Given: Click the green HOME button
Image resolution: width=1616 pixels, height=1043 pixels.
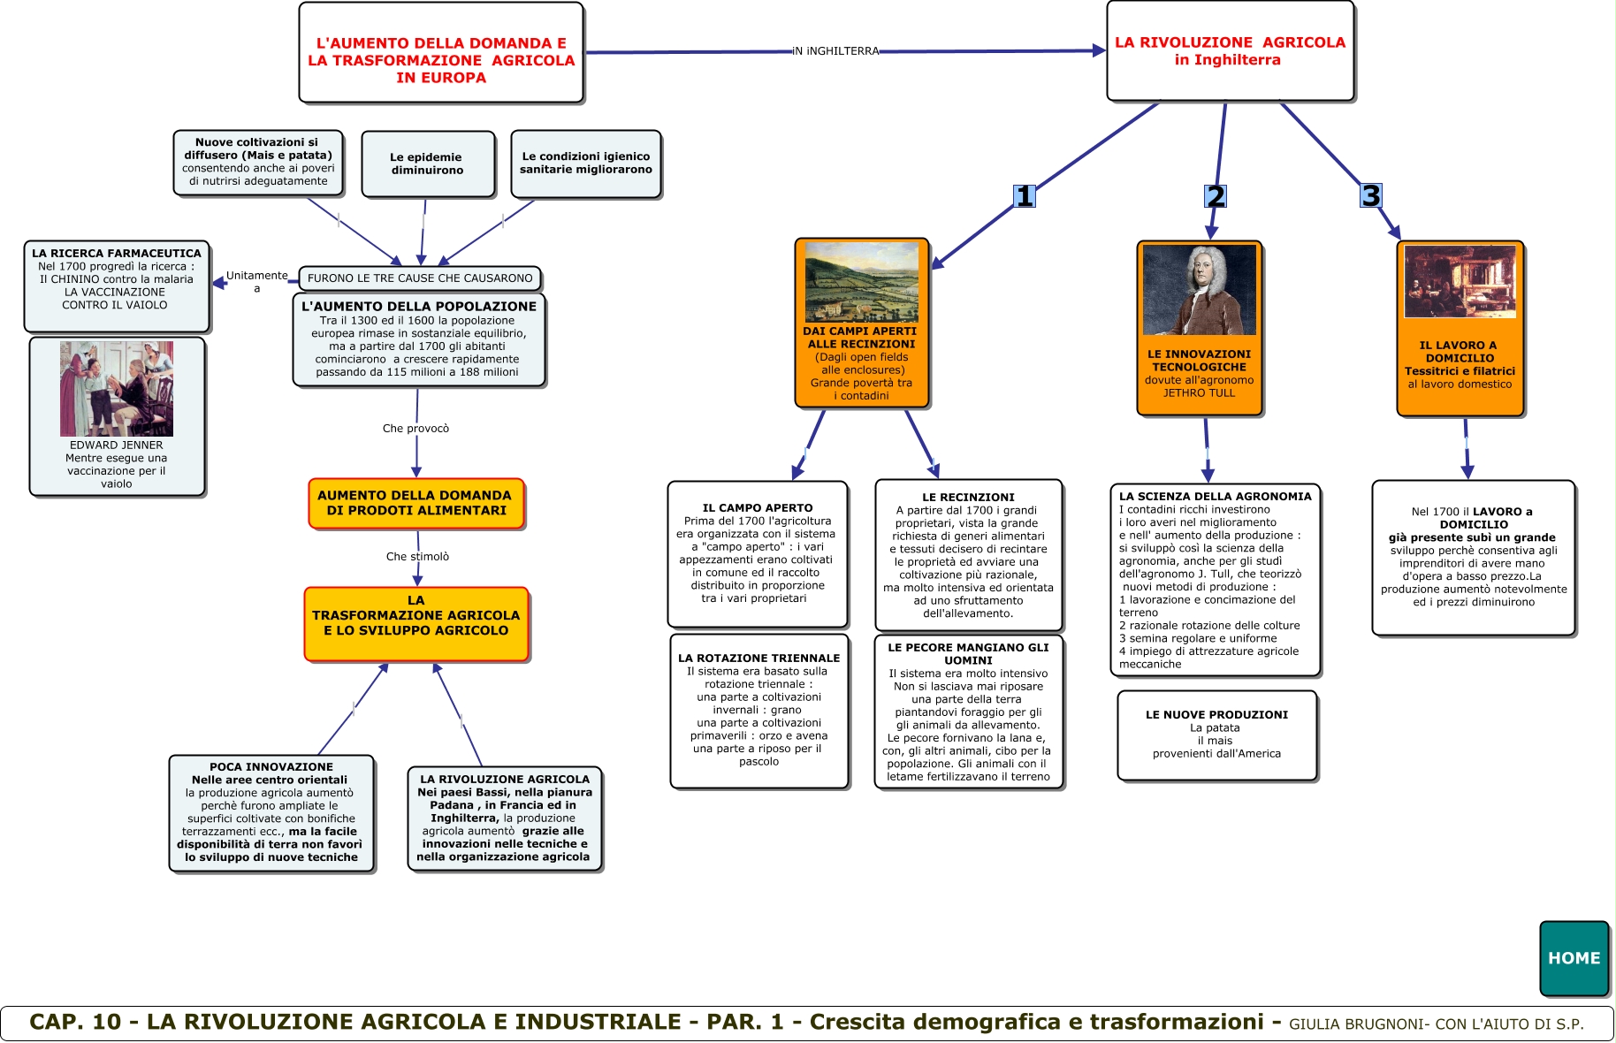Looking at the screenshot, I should click(1574, 958).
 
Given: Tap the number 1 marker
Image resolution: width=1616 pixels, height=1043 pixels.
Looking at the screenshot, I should click(1024, 196).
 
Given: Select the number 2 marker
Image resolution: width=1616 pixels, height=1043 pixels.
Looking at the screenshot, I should click(1216, 196).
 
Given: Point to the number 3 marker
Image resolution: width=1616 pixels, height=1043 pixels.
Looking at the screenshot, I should click(1370, 195).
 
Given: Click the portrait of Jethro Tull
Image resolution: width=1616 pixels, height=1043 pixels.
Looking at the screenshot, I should click(1199, 290).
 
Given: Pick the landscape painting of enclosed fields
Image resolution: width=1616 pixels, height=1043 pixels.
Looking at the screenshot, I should click(861, 283).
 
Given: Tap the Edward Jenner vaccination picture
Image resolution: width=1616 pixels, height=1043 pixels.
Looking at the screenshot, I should click(117, 389).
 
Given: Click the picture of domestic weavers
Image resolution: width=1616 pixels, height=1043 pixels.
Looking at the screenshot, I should click(1460, 282).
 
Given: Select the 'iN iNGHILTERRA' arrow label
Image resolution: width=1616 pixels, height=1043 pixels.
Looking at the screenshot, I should click(835, 51).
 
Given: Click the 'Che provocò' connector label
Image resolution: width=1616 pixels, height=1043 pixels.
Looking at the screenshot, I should click(415, 429).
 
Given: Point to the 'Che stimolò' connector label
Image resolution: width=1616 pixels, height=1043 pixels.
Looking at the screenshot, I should click(417, 557).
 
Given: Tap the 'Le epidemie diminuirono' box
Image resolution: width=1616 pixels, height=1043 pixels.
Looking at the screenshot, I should click(428, 164).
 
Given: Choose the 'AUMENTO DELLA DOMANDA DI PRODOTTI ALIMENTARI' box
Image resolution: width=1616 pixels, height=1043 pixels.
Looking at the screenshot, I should click(415, 503).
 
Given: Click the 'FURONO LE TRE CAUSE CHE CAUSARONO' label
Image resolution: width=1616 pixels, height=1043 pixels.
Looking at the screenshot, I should click(420, 278).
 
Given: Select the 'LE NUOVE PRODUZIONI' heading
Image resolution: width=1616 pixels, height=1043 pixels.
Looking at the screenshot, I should click(1216, 715).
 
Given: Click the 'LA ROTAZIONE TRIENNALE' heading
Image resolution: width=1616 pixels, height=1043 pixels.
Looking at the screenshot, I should click(758, 659).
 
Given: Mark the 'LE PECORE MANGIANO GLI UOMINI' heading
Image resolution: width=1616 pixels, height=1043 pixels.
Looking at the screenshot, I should click(968, 654).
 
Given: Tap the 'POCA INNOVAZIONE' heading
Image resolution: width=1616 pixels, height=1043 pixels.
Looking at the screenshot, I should click(271, 767).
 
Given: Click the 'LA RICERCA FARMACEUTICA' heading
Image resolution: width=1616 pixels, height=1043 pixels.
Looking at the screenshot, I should click(117, 254).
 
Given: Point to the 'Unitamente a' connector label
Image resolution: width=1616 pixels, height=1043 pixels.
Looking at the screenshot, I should click(256, 281).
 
